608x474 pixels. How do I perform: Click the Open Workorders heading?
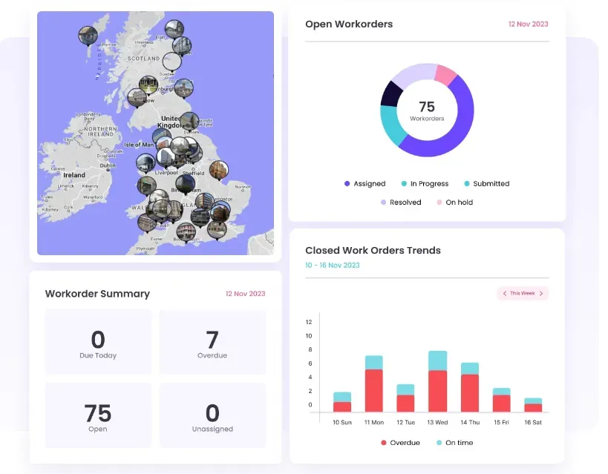349,24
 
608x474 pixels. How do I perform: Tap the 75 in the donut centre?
427,107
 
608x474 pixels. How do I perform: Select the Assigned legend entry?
365,183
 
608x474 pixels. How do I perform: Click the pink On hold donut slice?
445,75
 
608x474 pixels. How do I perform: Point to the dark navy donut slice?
391,93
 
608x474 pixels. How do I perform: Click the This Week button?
523,293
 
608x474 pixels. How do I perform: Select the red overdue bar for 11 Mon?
374,390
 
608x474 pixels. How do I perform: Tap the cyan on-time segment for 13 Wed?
438,361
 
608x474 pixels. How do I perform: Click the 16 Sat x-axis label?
533,422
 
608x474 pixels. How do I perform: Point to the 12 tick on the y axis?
309,322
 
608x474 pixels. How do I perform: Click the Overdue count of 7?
212,340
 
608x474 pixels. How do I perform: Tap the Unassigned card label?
212,429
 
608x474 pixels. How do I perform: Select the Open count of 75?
97,412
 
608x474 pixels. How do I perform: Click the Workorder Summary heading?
97,294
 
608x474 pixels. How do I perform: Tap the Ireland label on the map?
73,175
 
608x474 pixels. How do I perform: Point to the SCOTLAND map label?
143,59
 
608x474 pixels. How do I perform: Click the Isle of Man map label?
139,145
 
